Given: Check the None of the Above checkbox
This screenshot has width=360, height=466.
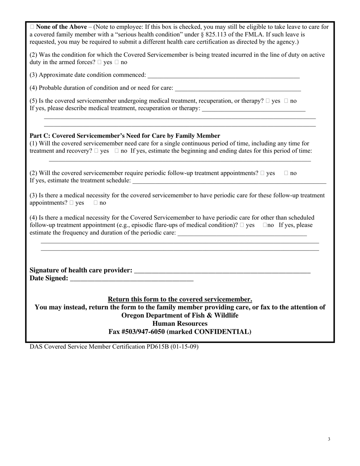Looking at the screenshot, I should [32, 27].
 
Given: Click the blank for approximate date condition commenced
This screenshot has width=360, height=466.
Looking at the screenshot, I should [224, 75].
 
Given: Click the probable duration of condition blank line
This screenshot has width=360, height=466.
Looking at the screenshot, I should [238, 88].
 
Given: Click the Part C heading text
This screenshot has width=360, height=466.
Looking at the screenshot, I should [125, 136].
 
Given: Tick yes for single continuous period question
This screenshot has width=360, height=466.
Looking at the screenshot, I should [96, 151].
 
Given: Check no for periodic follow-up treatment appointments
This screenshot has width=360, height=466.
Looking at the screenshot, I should [286, 173].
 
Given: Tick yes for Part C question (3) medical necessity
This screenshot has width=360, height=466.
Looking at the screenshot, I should [72, 203].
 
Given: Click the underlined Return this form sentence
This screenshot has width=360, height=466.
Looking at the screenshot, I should [180, 299].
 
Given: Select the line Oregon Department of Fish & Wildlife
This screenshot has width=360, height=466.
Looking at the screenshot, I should [180, 316].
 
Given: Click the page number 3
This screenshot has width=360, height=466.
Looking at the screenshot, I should [329, 439].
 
